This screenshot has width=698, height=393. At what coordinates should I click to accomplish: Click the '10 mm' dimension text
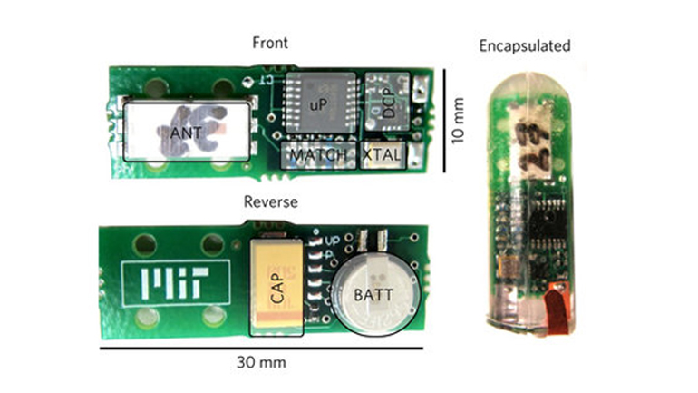460,120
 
